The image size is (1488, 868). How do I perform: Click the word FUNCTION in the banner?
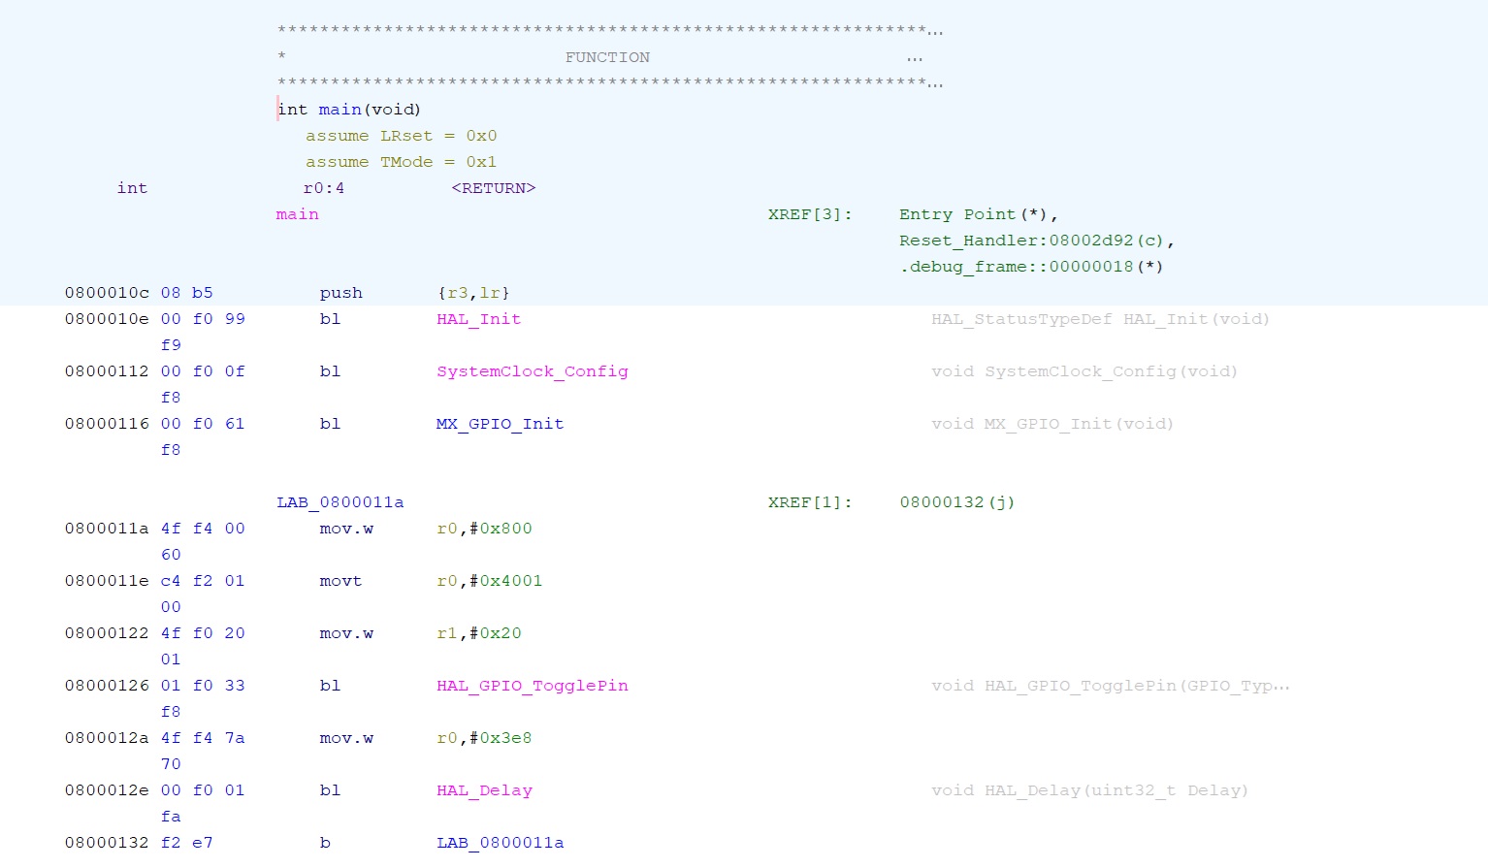607,58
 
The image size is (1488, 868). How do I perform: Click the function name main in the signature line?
340,110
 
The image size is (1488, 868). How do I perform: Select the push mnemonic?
340,293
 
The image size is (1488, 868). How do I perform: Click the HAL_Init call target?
478,319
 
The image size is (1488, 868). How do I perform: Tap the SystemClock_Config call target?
532,371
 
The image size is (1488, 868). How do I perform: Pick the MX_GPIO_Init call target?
500,424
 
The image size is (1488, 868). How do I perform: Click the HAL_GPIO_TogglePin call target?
532,686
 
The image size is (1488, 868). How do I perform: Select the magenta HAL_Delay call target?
484,790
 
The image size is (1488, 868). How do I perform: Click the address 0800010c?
107,293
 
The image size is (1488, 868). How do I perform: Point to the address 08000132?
107,843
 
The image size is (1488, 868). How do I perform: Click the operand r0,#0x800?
484,529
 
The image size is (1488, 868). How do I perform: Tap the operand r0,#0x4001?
489,581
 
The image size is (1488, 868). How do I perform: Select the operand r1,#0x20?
478,633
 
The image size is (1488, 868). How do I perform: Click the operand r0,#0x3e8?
484,738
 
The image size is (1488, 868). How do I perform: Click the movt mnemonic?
340,581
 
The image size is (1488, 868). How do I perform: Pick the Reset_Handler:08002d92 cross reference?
1036,241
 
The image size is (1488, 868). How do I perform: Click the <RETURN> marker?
493,188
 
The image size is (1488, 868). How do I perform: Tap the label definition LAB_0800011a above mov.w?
340,502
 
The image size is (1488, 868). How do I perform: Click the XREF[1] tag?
810,502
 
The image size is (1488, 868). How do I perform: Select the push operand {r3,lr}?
473,293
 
